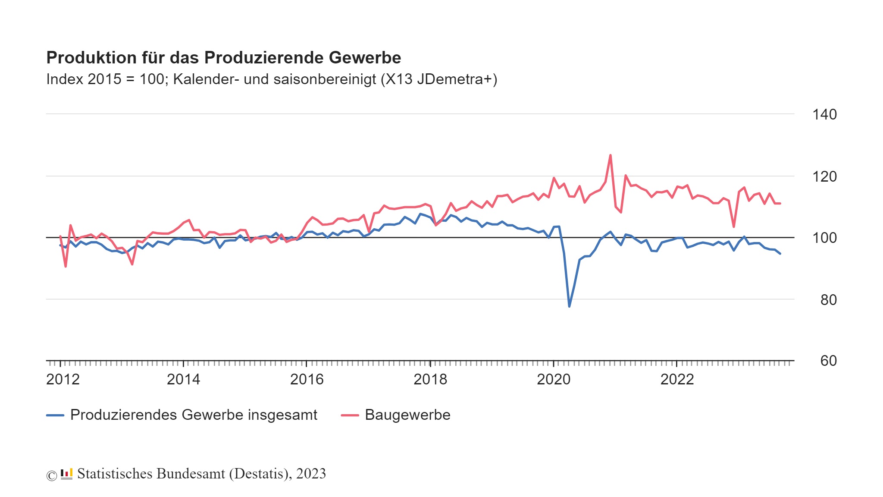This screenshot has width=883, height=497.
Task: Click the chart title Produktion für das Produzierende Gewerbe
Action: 223,58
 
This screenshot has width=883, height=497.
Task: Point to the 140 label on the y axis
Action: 824,115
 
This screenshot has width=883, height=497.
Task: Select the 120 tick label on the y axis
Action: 824,176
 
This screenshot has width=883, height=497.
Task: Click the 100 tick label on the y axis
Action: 824,238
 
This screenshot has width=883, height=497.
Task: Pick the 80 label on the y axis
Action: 828,300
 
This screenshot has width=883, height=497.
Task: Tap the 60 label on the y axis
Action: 828,361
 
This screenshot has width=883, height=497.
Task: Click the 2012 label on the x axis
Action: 63,379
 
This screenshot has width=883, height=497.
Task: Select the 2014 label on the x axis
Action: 183,379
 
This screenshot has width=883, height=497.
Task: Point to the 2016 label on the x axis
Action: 307,379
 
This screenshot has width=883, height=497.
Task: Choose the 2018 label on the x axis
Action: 430,379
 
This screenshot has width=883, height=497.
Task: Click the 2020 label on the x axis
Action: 554,379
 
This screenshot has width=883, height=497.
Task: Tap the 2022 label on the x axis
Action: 677,379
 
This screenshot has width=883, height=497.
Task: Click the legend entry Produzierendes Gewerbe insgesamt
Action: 194,415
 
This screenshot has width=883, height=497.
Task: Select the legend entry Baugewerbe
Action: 407,415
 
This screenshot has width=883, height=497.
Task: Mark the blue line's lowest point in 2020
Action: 569,306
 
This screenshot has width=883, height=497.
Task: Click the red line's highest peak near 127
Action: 610,155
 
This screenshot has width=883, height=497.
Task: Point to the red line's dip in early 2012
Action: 66,267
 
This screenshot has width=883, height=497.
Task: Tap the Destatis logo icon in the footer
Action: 66,474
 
